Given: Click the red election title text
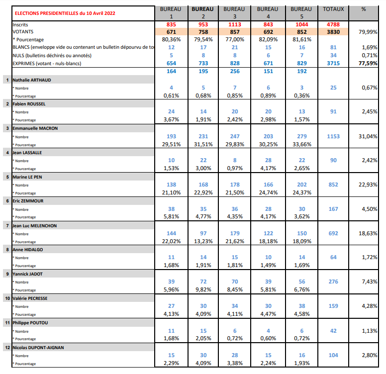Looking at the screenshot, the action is point(65,13).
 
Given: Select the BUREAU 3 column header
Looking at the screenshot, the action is point(234,13).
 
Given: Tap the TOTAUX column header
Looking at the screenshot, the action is point(333,9).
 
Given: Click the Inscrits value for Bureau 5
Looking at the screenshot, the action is point(302,24).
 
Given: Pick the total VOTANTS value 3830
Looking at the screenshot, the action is point(333,32).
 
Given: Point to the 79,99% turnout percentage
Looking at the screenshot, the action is point(368,32).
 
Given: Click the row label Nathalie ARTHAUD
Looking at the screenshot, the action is point(32,80).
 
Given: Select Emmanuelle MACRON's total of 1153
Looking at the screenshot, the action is point(333,136).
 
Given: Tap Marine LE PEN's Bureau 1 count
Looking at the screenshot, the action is point(171,185).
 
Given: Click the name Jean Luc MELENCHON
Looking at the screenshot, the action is point(34,226).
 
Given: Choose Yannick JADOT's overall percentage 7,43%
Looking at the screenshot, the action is point(370,281).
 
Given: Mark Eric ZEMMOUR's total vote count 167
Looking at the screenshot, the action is point(333,209).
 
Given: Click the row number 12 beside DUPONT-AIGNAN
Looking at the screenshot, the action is point(7,348).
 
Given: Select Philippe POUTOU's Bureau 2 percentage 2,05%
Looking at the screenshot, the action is point(203,338).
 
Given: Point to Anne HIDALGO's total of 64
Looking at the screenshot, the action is point(333,257).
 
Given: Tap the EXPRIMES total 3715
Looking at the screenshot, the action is point(333,63).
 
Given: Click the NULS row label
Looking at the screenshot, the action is point(52,56).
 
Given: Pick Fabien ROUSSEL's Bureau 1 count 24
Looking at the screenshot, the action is point(171,111).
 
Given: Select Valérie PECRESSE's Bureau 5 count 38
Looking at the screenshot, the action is point(302,306).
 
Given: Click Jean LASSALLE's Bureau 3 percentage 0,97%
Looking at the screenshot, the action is point(235,168).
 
